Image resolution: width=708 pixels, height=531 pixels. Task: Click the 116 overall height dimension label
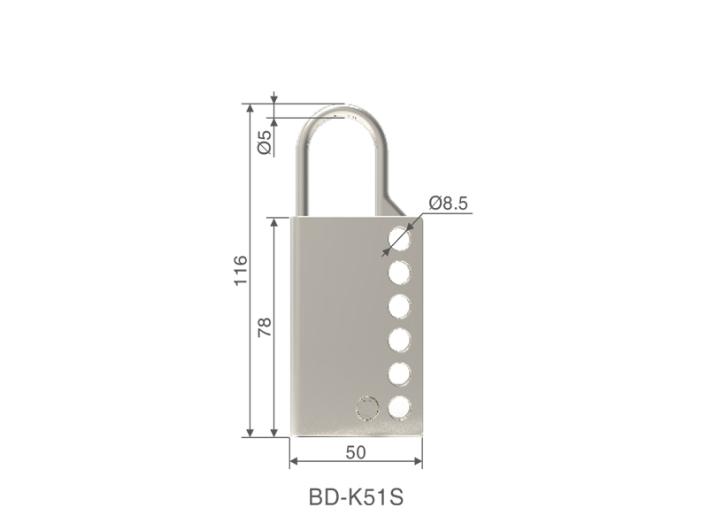pos(241,270)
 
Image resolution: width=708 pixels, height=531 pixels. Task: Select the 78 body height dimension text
pos(265,327)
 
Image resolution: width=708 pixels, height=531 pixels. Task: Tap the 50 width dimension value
pos(356,452)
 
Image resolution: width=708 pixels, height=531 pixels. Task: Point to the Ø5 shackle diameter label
pos(265,142)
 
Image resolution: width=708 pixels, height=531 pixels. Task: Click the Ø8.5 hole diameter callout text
pos(449,204)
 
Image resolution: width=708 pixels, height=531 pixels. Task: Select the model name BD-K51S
pos(356,497)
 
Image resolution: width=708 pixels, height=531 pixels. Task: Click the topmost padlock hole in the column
pos(400,238)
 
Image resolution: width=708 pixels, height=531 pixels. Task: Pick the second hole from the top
pos(400,273)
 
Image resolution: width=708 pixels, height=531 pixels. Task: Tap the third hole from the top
pos(400,306)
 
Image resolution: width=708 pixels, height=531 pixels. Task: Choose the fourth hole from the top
pos(400,341)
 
